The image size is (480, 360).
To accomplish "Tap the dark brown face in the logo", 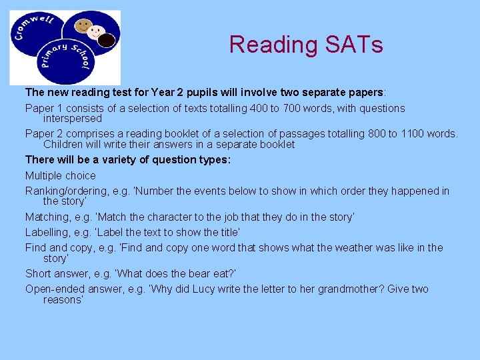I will pyautogui.click(x=106, y=40).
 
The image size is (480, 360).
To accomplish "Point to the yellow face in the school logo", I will pyautogui.click(x=83, y=27).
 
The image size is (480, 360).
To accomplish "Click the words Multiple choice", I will pyautogui.click(x=61, y=176).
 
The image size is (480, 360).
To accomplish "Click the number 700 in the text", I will pyautogui.click(x=294, y=108).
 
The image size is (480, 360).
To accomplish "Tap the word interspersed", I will pyautogui.click(x=73, y=118).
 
